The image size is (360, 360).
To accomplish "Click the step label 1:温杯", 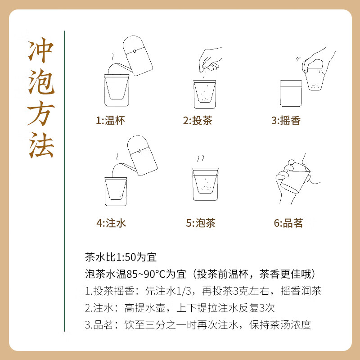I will point(110,121).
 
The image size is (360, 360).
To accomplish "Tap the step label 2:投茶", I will point(198,121).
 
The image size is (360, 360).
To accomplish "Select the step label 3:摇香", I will point(286,121).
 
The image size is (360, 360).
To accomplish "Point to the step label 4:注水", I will point(110,223).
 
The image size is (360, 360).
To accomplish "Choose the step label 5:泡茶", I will point(200,223).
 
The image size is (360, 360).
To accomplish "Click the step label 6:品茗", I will point(288,223).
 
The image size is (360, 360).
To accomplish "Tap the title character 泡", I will point(41,85).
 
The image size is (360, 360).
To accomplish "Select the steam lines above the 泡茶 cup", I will point(201,160).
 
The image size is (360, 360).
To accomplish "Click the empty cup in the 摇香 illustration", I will point(291,92).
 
